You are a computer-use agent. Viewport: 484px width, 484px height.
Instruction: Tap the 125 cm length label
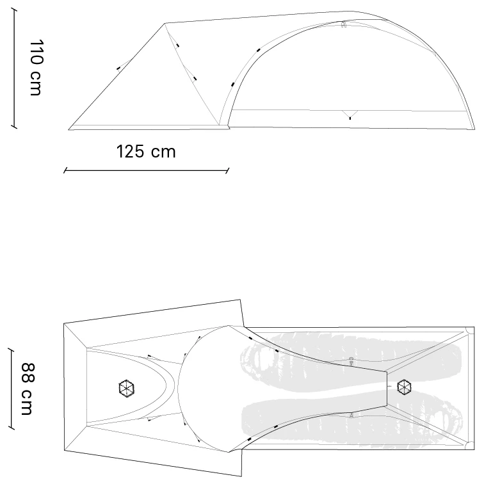[x=145, y=152]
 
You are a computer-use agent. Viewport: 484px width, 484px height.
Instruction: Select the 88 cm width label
[x=26, y=389]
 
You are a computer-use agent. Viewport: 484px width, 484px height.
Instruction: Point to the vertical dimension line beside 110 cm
[x=15, y=70]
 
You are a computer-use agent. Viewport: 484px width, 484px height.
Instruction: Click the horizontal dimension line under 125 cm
[x=146, y=171]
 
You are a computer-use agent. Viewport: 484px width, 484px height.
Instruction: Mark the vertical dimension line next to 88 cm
[x=11, y=389]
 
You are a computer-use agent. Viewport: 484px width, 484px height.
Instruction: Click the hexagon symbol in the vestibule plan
[x=127, y=387]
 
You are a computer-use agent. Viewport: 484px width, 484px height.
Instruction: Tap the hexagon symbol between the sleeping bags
[x=404, y=387]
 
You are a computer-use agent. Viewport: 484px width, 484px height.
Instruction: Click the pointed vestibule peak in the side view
[x=165, y=24]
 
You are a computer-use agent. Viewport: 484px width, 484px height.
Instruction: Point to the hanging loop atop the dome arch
[x=344, y=24]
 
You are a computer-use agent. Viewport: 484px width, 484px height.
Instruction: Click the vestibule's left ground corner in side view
[x=69, y=129]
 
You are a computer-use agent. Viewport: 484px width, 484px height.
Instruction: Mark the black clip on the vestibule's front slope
[x=118, y=67]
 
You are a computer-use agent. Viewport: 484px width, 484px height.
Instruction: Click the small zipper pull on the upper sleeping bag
[x=351, y=360]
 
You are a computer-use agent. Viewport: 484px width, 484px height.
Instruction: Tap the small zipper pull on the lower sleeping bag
[x=351, y=415]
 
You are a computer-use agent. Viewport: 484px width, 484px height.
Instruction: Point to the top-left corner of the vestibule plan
[x=64, y=324]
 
